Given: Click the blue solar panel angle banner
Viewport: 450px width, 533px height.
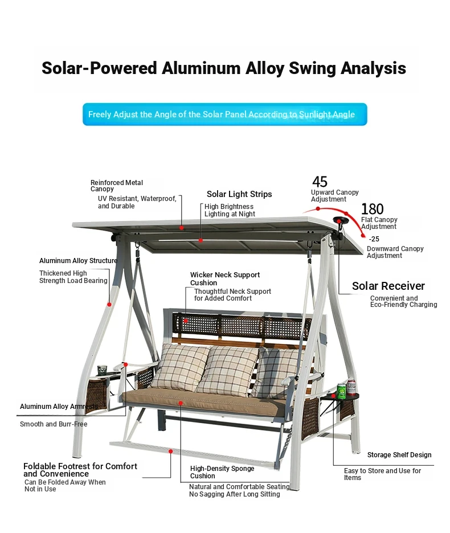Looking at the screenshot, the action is pos(225,114).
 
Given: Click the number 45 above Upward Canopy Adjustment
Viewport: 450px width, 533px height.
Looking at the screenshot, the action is pos(320,182).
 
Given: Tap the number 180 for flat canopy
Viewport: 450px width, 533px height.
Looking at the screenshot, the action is pos(372,209).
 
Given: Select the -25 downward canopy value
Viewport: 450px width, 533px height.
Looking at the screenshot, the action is pos(374,239).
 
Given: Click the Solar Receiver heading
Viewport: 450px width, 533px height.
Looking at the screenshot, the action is pos(388,286).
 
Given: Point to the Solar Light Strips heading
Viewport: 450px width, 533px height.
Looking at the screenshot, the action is pos(239,194).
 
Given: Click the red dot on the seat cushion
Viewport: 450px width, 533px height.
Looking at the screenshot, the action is pos(181,403).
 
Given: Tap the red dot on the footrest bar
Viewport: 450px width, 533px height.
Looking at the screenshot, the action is pos(171,452).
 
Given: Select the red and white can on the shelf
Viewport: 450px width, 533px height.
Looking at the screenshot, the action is pos(351,388).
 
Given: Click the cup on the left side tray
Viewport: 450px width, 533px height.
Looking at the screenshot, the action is pos(102,370).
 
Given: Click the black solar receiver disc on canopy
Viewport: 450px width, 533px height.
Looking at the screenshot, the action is pos(341,220).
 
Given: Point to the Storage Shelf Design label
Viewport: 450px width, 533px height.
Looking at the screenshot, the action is pos(399,455).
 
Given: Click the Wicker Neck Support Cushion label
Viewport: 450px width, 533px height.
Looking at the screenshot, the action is pos(225,278).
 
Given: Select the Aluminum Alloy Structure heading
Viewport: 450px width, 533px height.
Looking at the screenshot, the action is pos(78,261).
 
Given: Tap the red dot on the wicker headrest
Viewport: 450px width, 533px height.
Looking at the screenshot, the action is pos(186,321).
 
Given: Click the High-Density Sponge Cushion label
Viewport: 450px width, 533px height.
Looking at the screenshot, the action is pos(222,472).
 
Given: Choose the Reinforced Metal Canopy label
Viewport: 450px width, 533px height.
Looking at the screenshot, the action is pos(117,186).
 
